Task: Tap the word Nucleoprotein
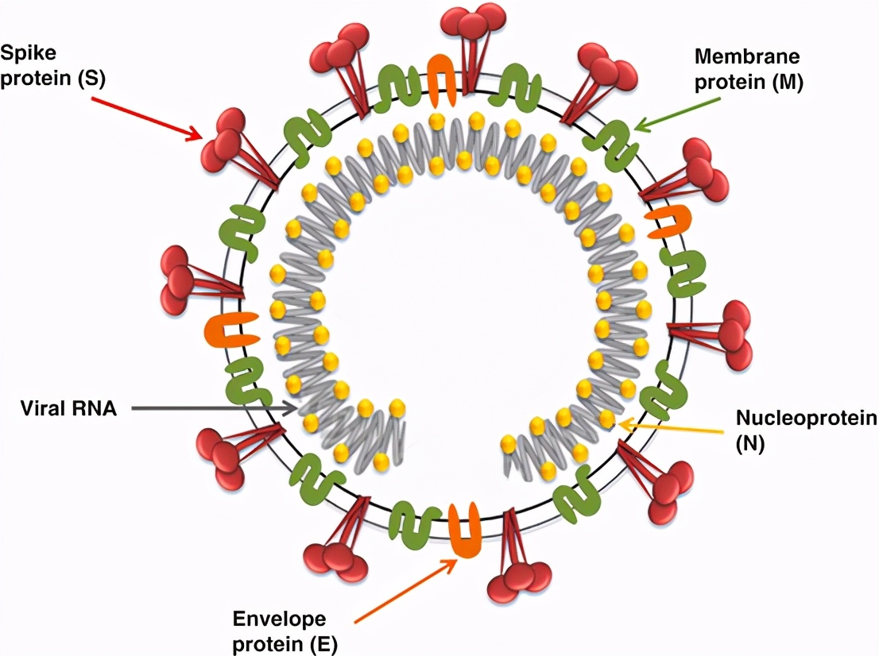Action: pyautogui.click(x=805, y=419)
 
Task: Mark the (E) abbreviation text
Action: pyautogui.click(x=321, y=644)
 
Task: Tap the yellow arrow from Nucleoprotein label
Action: pyautogui.click(x=672, y=428)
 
